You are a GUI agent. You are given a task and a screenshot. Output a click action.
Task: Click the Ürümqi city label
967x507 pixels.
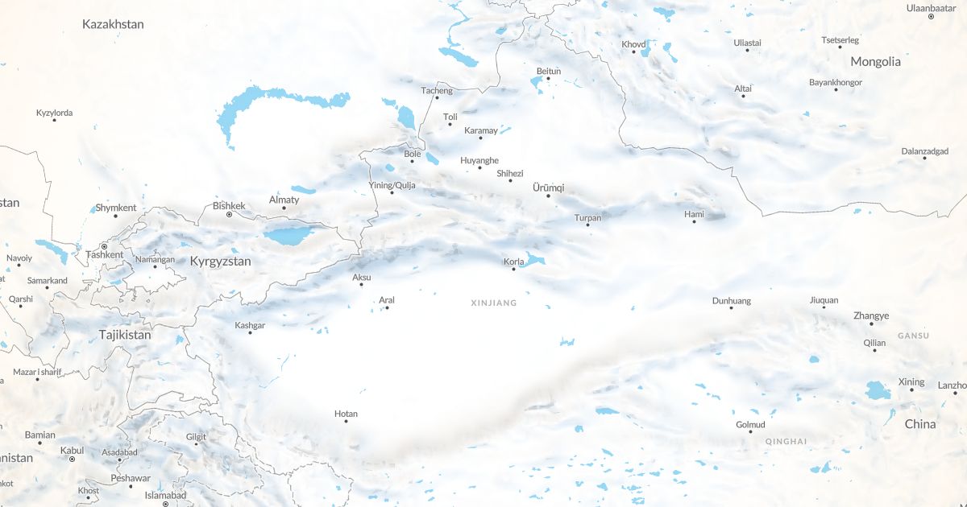[x=549, y=188]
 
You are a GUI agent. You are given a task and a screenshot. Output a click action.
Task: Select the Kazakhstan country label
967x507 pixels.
[x=113, y=24]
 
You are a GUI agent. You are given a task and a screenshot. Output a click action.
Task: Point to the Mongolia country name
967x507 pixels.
[x=875, y=61]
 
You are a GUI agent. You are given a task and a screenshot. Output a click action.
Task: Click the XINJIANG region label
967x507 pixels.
[x=494, y=303]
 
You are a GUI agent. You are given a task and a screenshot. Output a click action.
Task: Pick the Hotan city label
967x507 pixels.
[x=346, y=414]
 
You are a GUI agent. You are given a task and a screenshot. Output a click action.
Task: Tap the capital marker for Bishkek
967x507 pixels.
[x=229, y=215]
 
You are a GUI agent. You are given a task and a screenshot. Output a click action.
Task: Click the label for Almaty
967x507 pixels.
[x=284, y=200]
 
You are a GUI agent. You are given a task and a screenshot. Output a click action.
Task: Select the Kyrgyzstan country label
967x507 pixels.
[x=220, y=262]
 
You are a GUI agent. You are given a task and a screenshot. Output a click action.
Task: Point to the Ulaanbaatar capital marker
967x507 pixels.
[x=931, y=16]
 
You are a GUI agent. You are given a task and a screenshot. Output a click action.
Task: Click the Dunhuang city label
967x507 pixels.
[x=731, y=301]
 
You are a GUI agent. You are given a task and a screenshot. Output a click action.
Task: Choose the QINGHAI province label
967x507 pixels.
[x=786, y=441]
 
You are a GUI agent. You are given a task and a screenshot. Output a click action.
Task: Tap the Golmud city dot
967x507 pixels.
[x=750, y=432]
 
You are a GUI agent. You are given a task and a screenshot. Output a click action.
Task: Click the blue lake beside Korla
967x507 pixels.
[x=535, y=260]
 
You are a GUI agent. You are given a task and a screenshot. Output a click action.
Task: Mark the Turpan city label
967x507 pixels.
[x=587, y=217]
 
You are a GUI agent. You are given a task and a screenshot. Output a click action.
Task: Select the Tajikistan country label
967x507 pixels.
[x=125, y=334]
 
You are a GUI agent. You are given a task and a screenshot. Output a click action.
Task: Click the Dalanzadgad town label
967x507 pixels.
[x=924, y=150]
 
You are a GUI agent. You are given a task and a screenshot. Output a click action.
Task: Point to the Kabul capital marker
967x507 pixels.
[x=72, y=459]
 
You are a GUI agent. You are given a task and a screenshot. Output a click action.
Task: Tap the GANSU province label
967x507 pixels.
[x=913, y=336]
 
